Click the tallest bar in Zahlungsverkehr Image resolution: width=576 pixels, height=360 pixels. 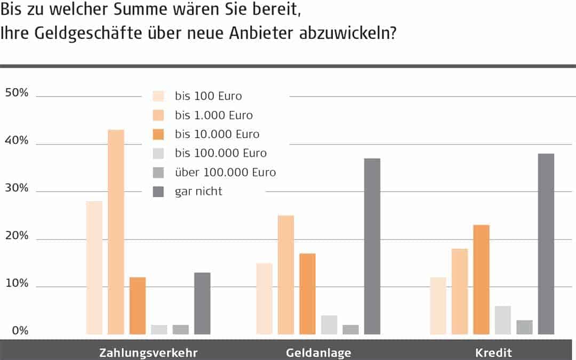[116, 232]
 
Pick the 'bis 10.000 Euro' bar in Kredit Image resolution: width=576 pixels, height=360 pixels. [482, 279]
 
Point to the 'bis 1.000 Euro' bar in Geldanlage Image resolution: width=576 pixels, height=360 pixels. [286, 275]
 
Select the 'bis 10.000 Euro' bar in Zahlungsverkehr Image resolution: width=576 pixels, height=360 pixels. [138, 306]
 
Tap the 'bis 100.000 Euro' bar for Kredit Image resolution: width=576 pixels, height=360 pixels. [503, 320]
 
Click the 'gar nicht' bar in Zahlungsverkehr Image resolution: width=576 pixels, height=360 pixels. [202, 303]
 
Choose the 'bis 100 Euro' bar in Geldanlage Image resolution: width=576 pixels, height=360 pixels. [265, 299]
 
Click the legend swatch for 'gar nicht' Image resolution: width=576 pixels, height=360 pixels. [158, 191]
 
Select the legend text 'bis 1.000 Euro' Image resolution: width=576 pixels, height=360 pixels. [214, 115]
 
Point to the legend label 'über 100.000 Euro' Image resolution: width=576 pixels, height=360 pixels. [225, 172]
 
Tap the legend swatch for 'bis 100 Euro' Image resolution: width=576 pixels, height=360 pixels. [158, 96]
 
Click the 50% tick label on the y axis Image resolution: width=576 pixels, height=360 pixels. [17, 93]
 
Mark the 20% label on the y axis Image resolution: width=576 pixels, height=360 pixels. [17, 236]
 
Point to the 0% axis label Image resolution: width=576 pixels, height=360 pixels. [20, 331]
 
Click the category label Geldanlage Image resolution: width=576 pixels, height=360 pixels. [318, 353]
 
